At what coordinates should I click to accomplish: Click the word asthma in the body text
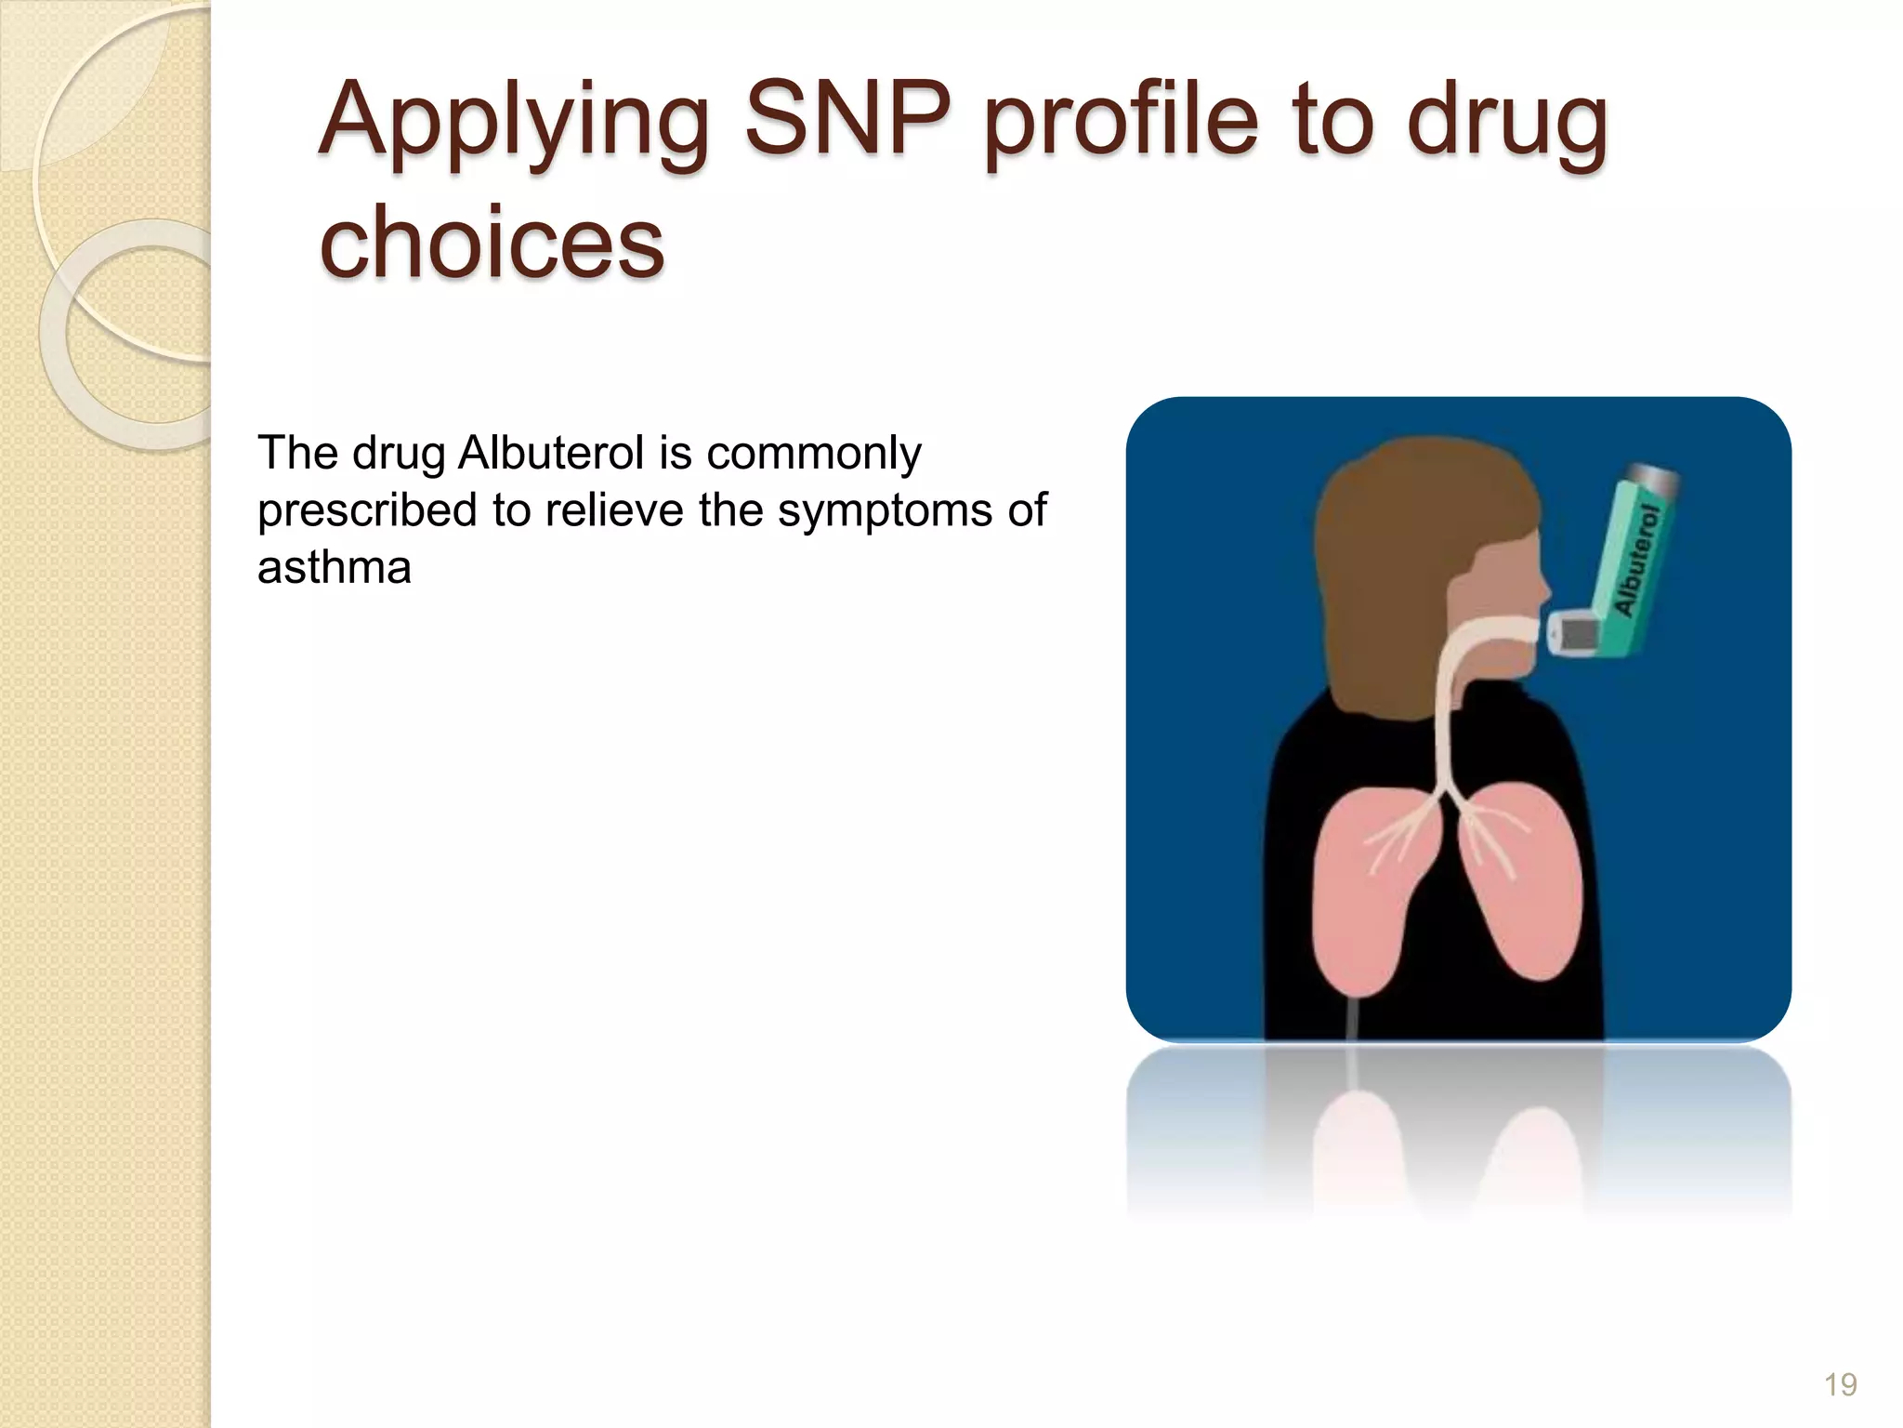coord(334,568)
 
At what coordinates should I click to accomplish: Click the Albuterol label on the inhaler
coord(1637,561)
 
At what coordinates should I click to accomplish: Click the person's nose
coord(1542,589)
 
